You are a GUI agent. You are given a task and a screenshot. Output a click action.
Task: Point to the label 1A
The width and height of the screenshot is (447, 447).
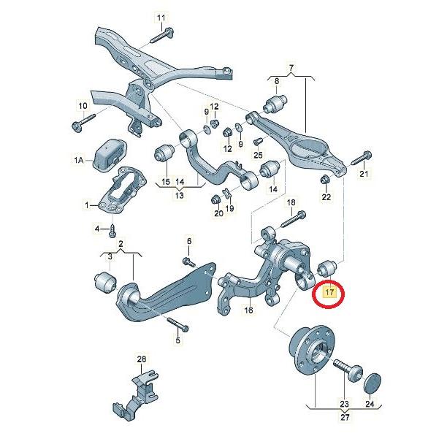click(x=79, y=158)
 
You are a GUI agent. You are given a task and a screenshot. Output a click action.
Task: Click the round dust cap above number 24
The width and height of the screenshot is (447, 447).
click(x=372, y=382)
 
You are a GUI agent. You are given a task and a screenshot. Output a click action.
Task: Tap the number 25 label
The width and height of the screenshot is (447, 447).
click(x=257, y=155)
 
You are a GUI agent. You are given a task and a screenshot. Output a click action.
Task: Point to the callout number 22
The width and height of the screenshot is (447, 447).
click(x=326, y=197)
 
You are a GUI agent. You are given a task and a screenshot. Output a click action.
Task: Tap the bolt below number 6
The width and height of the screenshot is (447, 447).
click(x=188, y=261)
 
